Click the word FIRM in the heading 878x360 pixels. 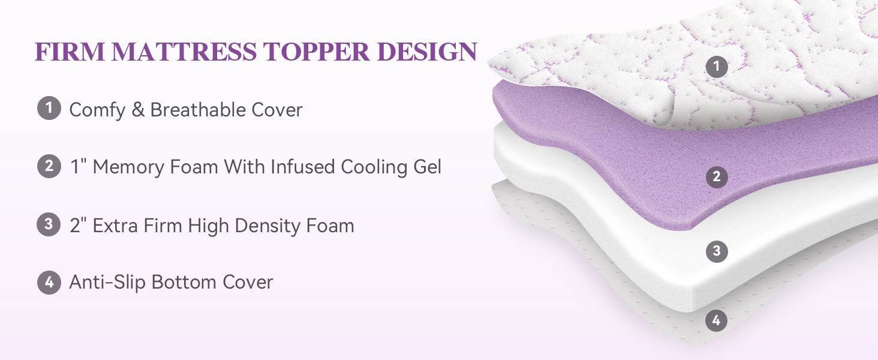point(70,52)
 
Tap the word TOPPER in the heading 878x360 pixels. point(316,52)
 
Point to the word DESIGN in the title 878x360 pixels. point(427,52)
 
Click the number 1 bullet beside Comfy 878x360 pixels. point(49,108)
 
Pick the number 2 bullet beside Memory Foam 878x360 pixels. point(49,166)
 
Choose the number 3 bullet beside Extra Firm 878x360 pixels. point(49,224)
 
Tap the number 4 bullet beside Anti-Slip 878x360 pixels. point(49,283)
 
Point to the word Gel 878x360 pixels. point(428,167)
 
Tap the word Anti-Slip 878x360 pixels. point(107,283)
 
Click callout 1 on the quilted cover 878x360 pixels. point(717,66)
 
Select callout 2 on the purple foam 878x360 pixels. point(717,177)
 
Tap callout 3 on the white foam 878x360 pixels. point(717,251)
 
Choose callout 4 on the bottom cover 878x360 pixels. point(717,321)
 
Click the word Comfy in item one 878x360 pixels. point(97,110)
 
